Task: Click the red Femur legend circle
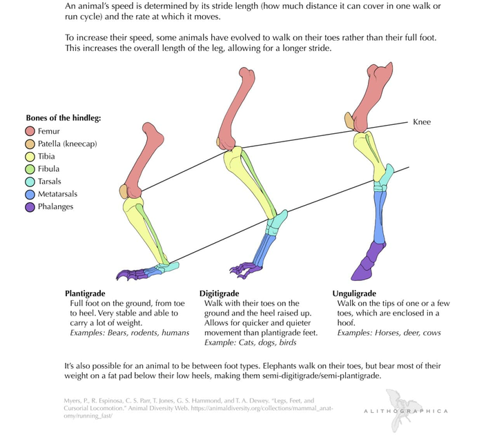pos(30,130)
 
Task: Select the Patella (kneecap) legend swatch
pos(30,144)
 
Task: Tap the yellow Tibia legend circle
pos(30,156)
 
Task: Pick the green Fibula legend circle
pos(30,168)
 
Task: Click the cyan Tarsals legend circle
pos(30,182)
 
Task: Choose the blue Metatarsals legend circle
pos(30,194)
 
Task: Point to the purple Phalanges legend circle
pos(30,206)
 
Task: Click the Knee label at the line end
pos(421,122)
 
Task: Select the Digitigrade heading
pos(220,293)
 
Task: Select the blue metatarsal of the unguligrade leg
pos(379,214)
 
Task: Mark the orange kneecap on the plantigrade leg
pos(125,191)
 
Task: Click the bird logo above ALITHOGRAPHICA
pos(405,400)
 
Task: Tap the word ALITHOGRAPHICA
pos(405,412)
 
